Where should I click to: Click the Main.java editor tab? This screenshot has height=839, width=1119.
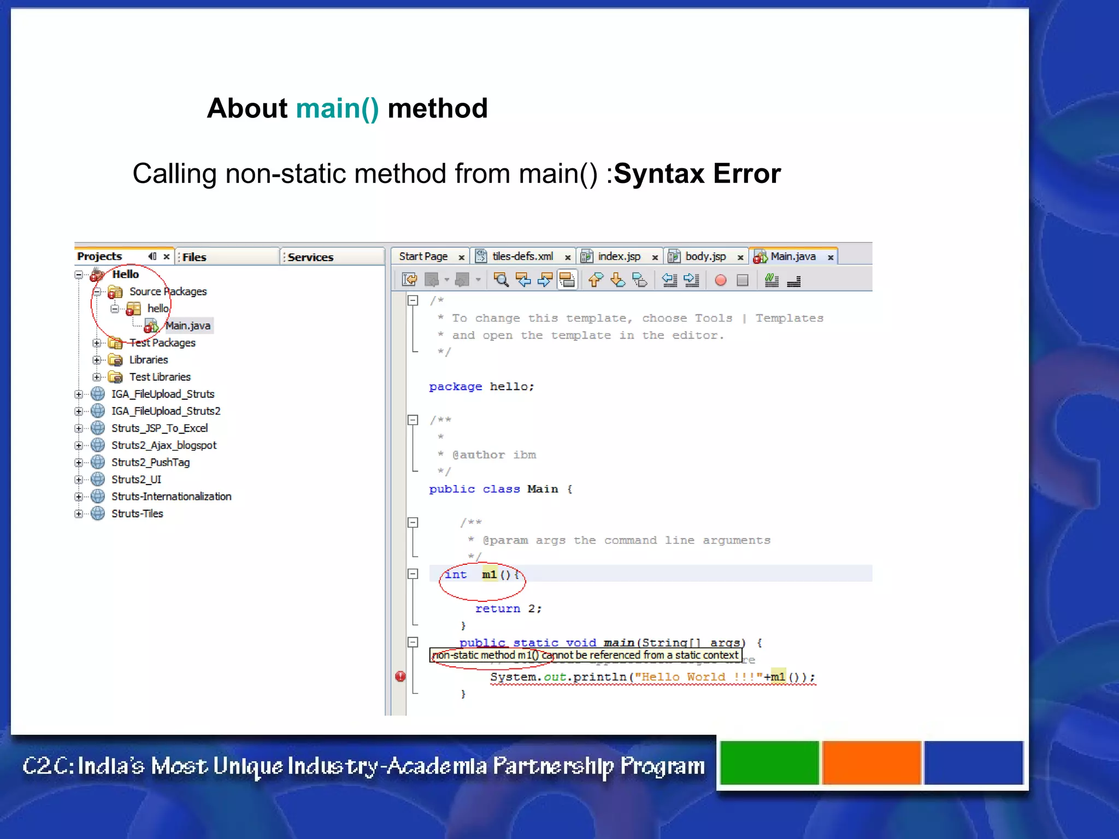click(x=792, y=257)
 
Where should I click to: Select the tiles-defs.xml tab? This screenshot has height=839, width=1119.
click(x=522, y=257)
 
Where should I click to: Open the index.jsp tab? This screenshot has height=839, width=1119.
click(x=619, y=257)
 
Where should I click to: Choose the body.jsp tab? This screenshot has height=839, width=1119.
click(x=705, y=257)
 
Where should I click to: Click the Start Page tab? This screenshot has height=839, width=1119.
click(x=423, y=257)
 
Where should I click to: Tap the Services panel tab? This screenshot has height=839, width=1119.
click(x=310, y=257)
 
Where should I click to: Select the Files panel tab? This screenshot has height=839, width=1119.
click(x=194, y=257)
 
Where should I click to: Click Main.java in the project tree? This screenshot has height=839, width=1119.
click(x=187, y=326)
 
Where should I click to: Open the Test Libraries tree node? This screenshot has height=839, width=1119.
click(x=160, y=377)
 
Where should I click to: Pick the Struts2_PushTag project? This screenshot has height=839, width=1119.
click(x=150, y=463)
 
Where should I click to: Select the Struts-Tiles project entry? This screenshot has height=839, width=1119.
click(x=137, y=514)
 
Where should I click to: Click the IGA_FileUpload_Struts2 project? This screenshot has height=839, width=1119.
click(x=166, y=411)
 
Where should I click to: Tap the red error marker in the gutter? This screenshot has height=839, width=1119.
click(x=401, y=677)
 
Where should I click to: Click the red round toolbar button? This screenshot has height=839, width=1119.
click(x=721, y=281)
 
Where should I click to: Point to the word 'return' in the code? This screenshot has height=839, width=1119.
click(x=497, y=608)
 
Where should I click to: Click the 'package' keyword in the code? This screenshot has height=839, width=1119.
click(x=455, y=387)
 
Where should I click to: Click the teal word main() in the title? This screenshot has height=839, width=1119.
click(x=337, y=108)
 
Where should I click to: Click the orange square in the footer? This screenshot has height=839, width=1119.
click(x=871, y=763)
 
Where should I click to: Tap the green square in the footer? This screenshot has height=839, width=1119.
click(x=769, y=763)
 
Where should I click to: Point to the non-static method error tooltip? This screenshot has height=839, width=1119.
click(x=585, y=655)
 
